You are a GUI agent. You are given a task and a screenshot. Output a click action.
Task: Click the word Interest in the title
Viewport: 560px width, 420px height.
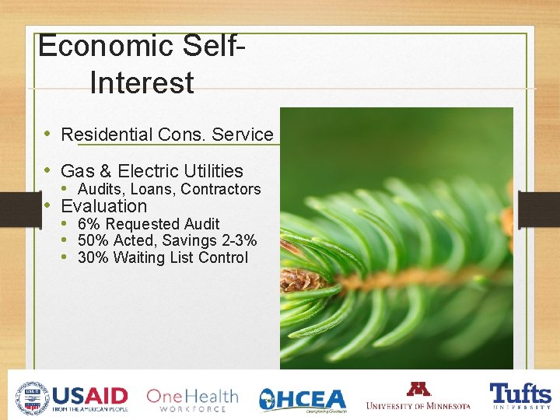pyautogui.click(x=142, y=82)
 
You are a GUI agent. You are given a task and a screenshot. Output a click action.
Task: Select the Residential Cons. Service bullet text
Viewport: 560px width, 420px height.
pyautogui.click(x=166, y=135)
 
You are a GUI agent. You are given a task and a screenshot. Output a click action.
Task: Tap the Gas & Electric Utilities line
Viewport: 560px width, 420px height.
pyautogui.click(x=152, y=171)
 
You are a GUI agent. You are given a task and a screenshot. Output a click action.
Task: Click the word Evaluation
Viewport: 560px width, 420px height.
pyautogui.click(x=103, y=206)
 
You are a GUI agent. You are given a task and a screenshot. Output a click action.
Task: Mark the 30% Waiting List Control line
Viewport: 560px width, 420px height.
pyautogui.click(x=163, y=257)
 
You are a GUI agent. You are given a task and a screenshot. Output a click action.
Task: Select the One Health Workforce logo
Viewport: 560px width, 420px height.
pyautogui.click(x=192, y=399)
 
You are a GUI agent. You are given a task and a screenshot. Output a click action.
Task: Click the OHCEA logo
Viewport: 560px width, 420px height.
pyautogui.click(x=303, y=399)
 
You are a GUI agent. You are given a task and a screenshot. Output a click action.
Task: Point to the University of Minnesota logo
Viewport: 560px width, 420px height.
pyautogui.click(x=418, y=397)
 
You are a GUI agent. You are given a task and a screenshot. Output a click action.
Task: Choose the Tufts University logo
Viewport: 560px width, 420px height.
pyautogui.click(x=520, y=397)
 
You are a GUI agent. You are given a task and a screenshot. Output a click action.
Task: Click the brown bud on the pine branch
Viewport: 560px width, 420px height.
pyautogui.click(x=302, y=278)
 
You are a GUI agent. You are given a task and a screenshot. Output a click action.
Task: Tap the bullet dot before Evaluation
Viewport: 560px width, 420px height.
pyautogui.click(x=47, y=206)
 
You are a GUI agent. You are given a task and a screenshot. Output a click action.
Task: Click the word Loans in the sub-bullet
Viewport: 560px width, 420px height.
pyautogui.click(x=152, y=189)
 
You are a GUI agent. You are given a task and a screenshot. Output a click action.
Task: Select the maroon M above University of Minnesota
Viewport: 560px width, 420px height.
pyautogui.click(x=418, y=388)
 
